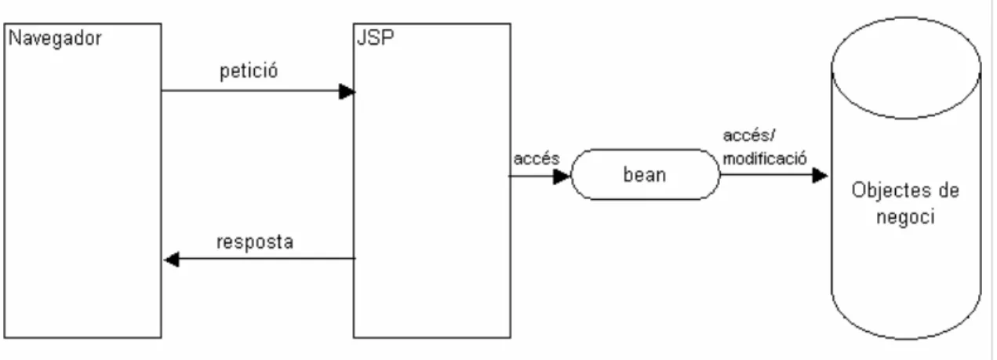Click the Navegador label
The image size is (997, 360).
click(x=55, y=38)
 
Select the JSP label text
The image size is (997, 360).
click(x=375, y=38)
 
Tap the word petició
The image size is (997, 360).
click(x=249, y=71)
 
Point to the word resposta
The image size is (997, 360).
click(x=255, y=242)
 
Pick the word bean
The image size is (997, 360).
click(x=645, y=175)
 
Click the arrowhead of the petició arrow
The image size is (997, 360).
click(x=347, y=92)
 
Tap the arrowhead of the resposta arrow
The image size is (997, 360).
click(x=172, y=260)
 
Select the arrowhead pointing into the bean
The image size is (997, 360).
click(x=562, y=176)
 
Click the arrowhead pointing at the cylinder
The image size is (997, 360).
click(x=820, y=176)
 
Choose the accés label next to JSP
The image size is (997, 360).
click(x=537, y=159)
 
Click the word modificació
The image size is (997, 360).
click(x=765, y=158)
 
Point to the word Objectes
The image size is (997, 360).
click(x=886, y=191)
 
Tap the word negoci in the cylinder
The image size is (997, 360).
click(x=905, y=217)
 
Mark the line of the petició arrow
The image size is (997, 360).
click(x=258, y=91)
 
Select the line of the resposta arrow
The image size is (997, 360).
click(x=260, y=259)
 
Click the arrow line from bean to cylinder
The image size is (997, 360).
click(x=773, y=175)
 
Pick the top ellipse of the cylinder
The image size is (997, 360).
click(x=906, y=118)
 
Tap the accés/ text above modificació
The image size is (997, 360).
click(x=749, y=135)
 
